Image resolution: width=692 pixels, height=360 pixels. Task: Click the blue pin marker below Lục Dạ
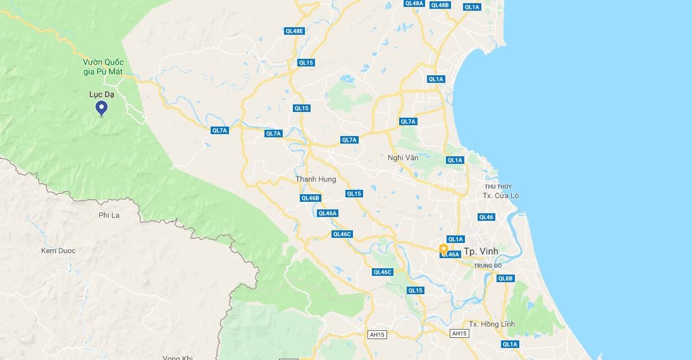pyautogui.click(x=101, y=109)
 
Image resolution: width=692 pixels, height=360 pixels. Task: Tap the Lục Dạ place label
pyautogui.click(x=101, y=94)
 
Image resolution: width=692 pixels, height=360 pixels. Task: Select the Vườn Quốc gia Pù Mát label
pyautogui.click(x=102, y=66)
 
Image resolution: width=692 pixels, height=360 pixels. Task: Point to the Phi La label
pyautogui.click(x=109, y=215)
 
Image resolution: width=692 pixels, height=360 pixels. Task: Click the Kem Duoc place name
pyautogui.click(x=58, y=251)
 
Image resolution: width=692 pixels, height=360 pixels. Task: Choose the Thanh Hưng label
pyautogui.click(x=316, y=179)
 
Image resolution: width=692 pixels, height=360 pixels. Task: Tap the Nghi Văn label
pyautogui.click(x=403, y=158)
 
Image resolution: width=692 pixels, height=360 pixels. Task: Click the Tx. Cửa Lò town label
pyautogui.click(x=500, y=196)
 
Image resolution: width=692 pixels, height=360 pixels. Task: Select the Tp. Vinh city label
pyautogui.click(x=481, y=251)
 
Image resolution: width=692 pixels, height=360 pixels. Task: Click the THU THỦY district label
pyautogui.click(x=498, y=187)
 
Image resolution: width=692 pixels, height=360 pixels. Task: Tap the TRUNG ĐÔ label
pyautogui.click(x=488, y=266)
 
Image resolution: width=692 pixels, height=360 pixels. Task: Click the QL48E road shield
pyautogui.click(x=295, y=30)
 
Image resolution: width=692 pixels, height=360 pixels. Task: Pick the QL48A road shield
pyautogui.click(x=414, y=3)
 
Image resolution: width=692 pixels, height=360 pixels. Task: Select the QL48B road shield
pyautogui.click(x=440, y=5)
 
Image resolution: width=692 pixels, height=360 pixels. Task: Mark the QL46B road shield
pyautogui.click(x=311, y=198)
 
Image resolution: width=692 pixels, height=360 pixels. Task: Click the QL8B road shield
pyautogui.click(x=505, y=278)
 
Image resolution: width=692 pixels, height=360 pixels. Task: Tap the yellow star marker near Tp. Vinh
pyautogui.click(x=443, y=248)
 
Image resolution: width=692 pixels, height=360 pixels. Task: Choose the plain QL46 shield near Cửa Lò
pyautogui.click(x=486, y=217)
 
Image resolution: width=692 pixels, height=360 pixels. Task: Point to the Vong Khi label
pyautogui.click(x=177, y=357)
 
